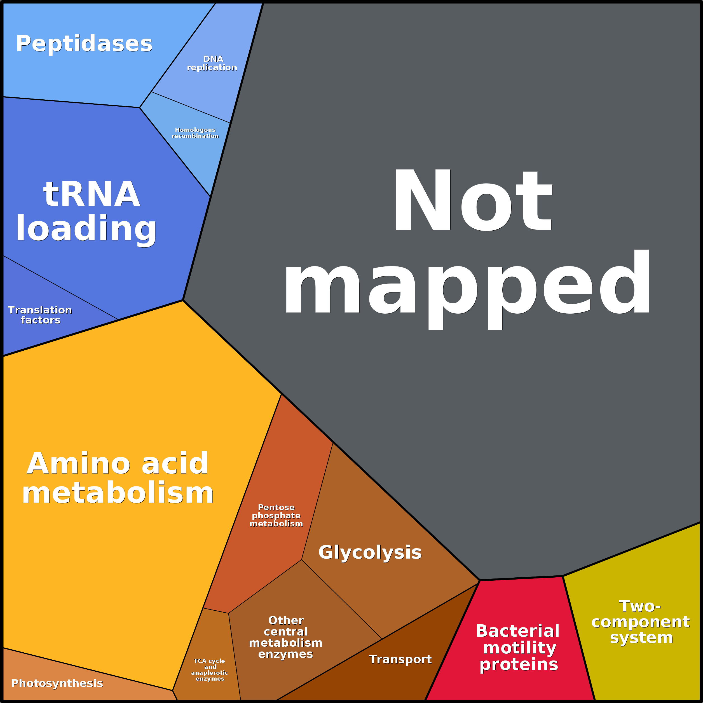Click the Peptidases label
84,44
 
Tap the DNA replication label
212,63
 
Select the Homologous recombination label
195,133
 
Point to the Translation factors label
40,315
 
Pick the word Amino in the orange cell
78,463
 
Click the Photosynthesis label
57,683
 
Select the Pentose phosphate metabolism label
276,515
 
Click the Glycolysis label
370,553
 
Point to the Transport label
400,659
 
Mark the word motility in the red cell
520,648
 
